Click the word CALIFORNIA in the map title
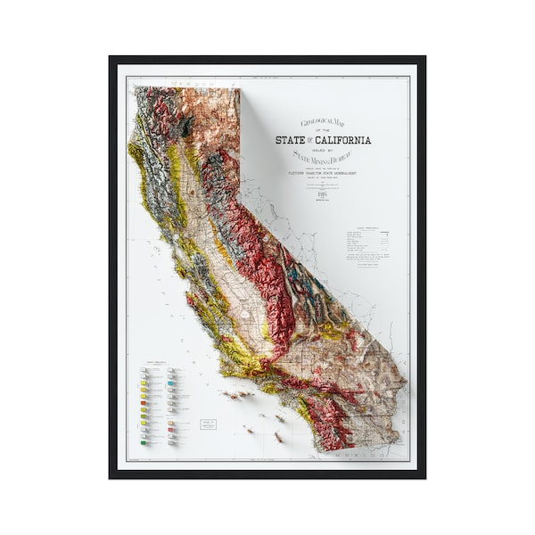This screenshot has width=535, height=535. [x=342, y=140]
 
